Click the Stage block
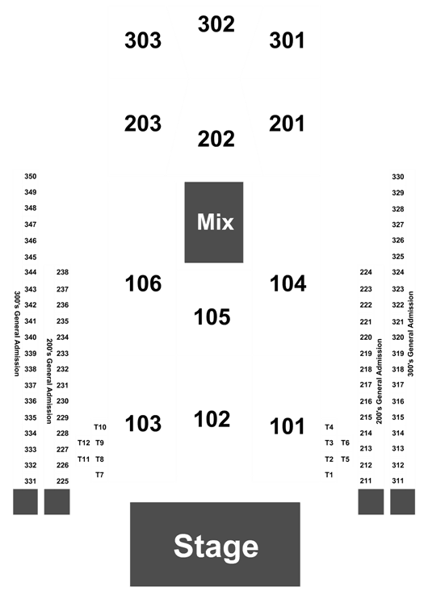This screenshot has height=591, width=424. click(215, 544)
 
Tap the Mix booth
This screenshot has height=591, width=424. click(214, 222)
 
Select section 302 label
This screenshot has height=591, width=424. click(216, 24)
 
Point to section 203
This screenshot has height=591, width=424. click(143, 124)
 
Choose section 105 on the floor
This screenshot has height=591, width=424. click(212, 316)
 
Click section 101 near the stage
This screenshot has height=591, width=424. click(288, 426)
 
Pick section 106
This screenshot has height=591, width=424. click(143, 283)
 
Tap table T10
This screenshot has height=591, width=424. click(100, 427)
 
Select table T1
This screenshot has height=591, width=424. click(329, 475)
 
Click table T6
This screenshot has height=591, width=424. click(345, 443)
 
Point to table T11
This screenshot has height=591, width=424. click(84, 459)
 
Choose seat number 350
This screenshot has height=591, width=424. click(31, 176)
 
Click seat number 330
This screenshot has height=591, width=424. click(398, 177)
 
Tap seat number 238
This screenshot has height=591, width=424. click(62, 272)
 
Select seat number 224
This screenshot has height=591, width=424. click(366, 272)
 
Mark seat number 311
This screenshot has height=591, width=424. click(397, 480)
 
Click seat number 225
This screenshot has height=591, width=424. click(62, 481)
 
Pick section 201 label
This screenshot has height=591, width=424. click(287, 124)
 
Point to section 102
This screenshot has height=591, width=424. click(212, 419)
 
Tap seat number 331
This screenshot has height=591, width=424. click(31, 481)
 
